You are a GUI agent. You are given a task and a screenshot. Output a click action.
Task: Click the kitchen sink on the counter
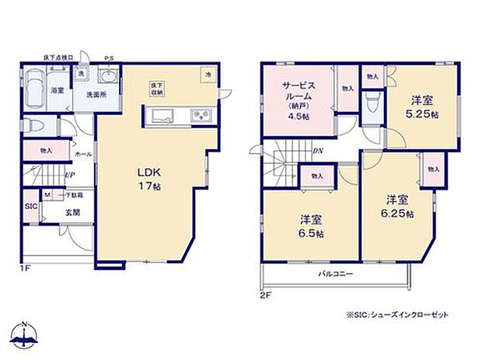tap(165, 117)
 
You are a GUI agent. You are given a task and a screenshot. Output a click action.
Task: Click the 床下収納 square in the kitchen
tap(156, 86)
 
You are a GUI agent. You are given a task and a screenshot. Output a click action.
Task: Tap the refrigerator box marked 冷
tap(208, 73)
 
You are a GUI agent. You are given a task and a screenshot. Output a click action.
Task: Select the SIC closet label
tap(30, 207)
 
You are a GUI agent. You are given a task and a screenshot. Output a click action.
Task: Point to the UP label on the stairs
tap(69, 176)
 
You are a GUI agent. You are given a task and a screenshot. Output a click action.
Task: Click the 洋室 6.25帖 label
tap(396, 206)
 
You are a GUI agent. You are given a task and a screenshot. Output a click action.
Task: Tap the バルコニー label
tap(335, 274)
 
